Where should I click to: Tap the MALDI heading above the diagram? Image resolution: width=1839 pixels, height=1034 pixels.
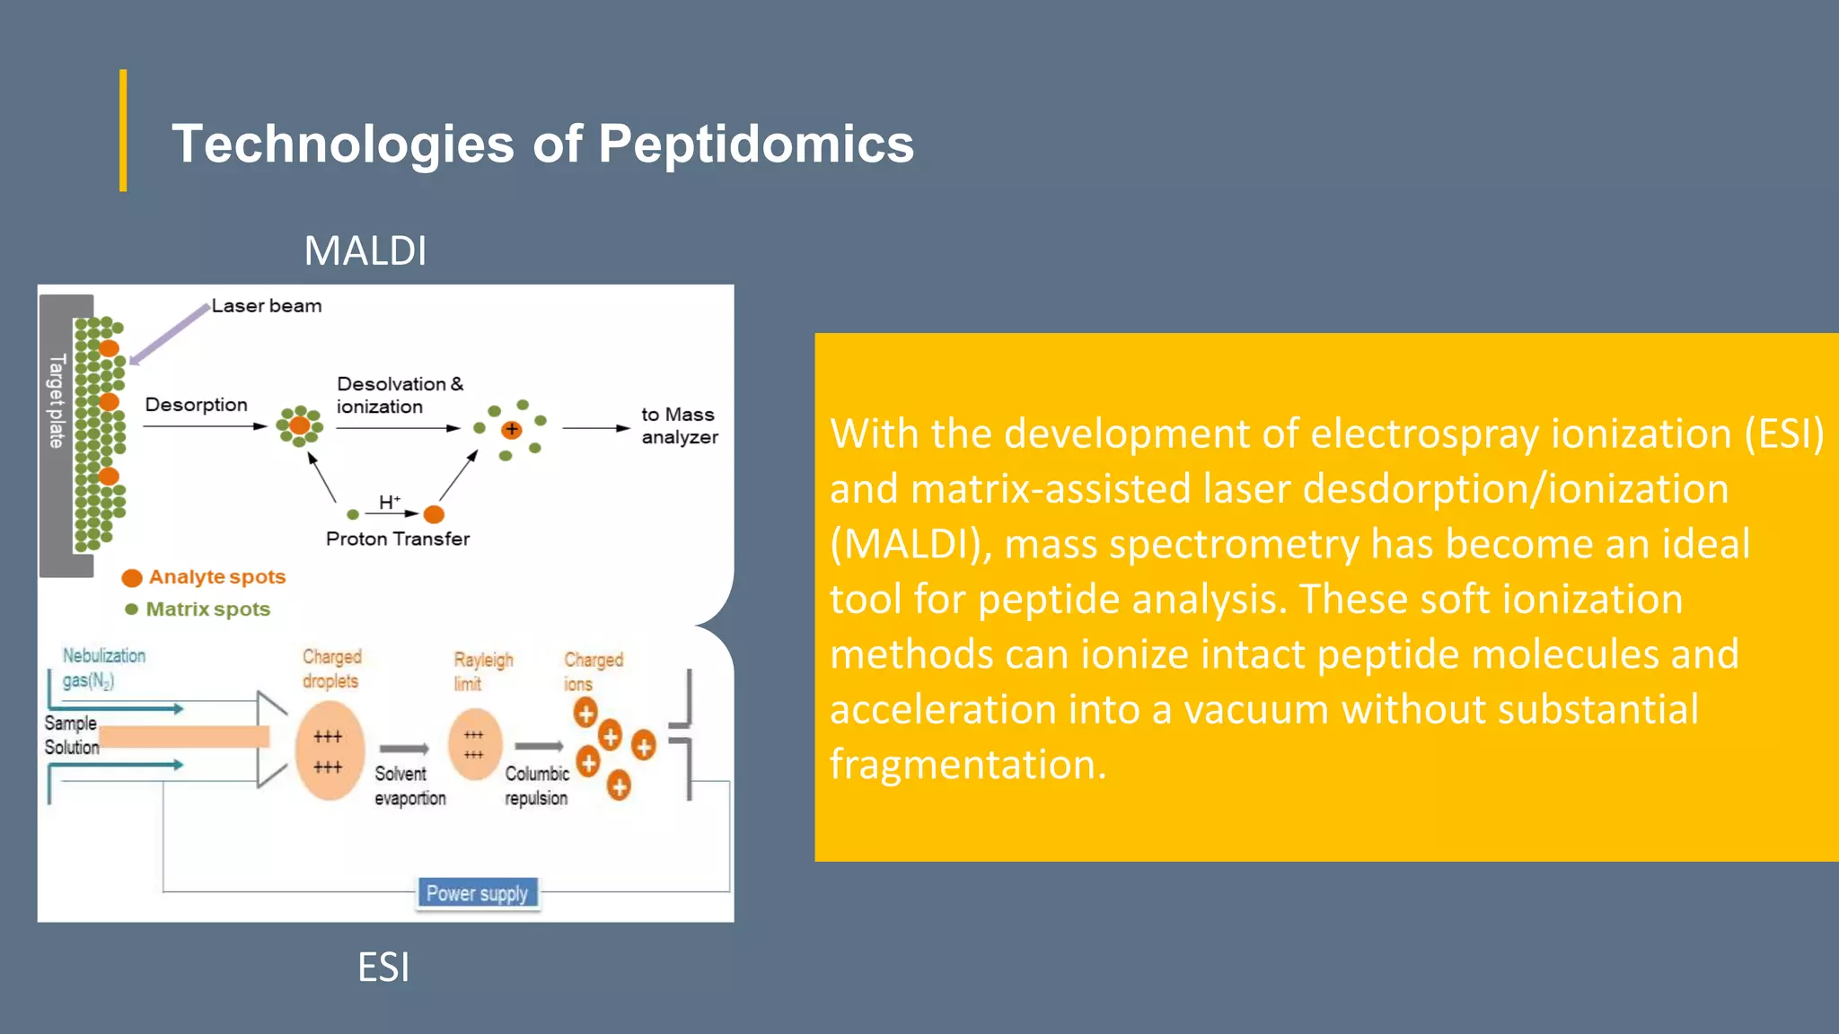365,250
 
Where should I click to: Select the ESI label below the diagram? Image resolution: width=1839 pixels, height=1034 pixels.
383,967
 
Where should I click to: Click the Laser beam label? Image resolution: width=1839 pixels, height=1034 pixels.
266,306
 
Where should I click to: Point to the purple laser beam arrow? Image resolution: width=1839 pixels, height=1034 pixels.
169,335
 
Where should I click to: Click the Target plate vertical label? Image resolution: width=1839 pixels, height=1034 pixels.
57,401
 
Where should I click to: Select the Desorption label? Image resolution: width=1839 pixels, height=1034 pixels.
196,405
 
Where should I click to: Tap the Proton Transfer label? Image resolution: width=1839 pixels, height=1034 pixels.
397,539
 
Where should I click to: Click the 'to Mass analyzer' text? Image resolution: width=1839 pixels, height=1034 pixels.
679,425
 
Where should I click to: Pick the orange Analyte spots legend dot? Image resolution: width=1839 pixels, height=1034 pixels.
132,577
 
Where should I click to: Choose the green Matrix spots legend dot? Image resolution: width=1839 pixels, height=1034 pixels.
132,609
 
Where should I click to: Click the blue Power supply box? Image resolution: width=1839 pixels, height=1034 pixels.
477,893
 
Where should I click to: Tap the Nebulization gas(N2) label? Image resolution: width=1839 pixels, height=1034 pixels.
103,667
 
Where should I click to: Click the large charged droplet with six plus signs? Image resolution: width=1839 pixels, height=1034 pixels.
329,750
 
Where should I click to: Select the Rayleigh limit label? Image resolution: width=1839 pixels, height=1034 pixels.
482,670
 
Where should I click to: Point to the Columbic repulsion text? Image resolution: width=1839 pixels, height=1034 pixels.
536,785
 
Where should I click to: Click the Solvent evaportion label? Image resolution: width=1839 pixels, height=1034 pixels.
409,785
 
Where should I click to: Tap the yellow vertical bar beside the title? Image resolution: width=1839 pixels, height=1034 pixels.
123,130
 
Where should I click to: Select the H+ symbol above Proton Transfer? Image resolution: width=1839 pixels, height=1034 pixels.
389,502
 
